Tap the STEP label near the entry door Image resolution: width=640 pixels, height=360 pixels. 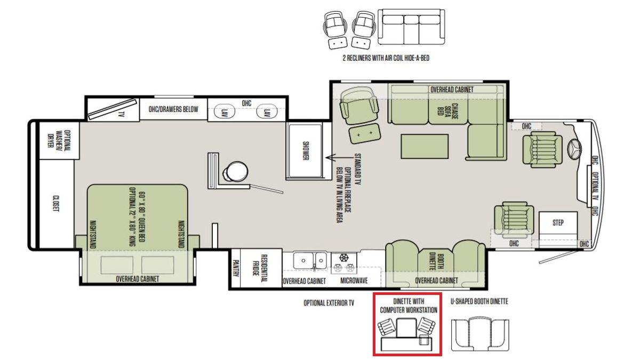tap(558, 222)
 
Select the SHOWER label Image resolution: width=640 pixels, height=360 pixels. tap(306, 150)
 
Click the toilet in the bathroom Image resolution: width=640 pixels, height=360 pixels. tap(235, 171)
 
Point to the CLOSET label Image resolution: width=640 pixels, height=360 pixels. tap(56, 203)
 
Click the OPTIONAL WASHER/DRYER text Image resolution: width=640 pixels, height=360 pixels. tap(59, 140)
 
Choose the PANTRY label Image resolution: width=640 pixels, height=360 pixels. tap(235, 268)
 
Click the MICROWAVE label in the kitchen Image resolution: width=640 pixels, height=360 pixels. tap(354, 281)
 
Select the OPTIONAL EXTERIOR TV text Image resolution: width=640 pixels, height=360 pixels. tap(329, 303)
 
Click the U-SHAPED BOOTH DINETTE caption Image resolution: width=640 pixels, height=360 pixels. tap(479, 301)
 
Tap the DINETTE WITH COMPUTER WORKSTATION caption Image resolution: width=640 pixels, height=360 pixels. tap(409, 306)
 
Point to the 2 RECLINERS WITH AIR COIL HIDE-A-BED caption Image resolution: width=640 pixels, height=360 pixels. tap(386, 58)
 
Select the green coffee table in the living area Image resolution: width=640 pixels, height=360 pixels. tap(425, 146)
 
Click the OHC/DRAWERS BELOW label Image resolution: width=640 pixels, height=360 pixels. tap(173, 109)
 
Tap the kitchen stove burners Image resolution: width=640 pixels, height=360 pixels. tap(343, 263)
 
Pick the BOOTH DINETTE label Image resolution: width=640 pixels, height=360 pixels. tap(436, 262)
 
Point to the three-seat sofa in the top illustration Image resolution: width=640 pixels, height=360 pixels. tap(411, 27)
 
